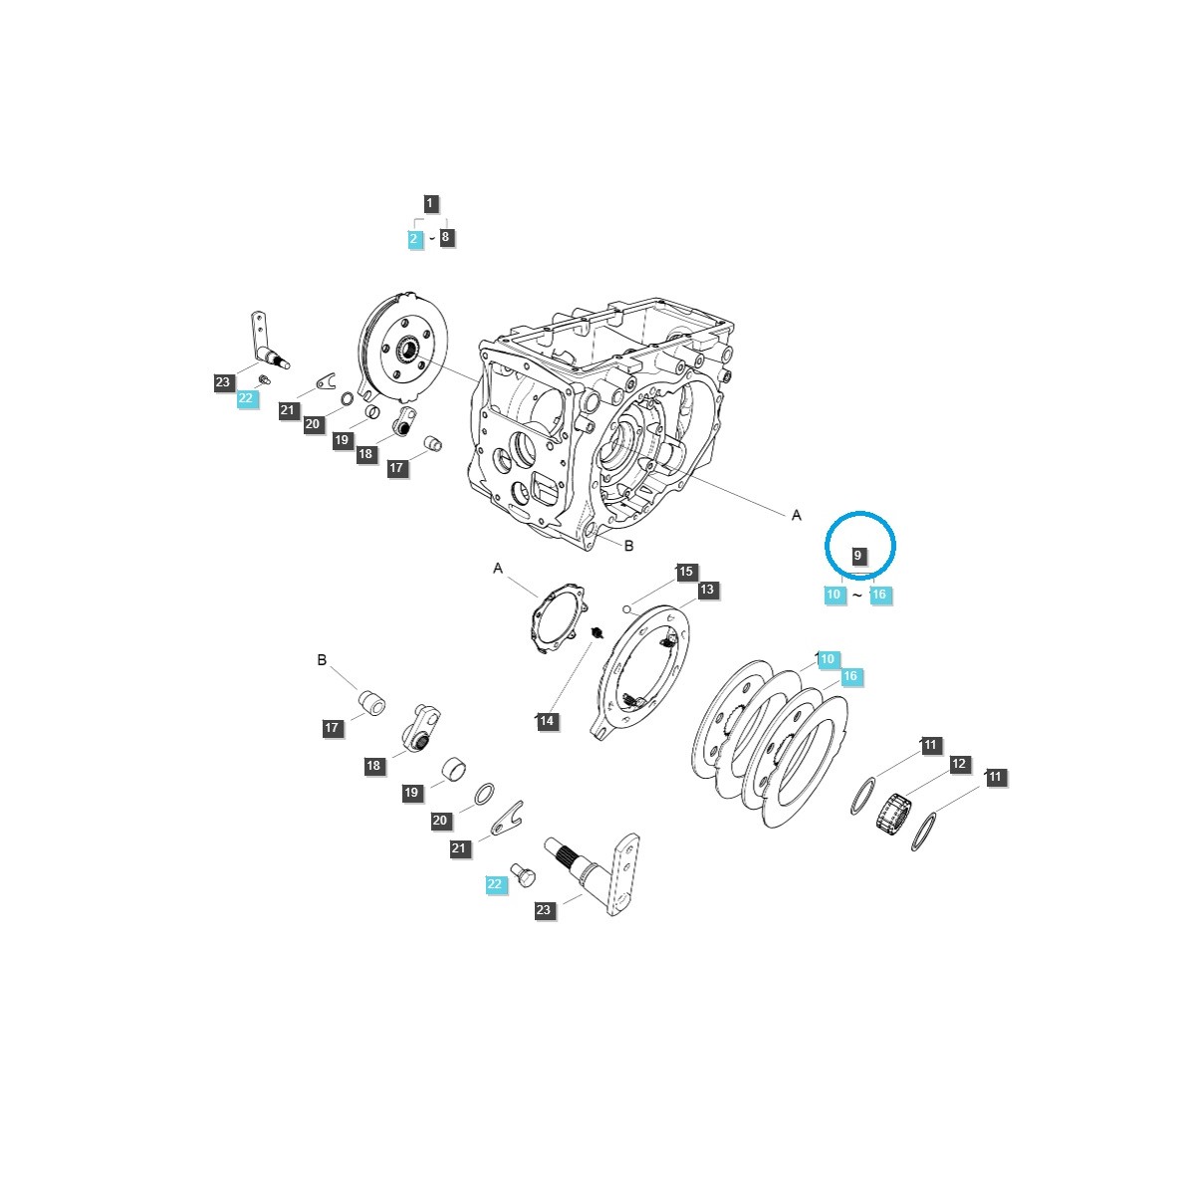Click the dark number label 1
coord(430,203)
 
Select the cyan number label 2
coord(414,239)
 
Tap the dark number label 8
coord(445,237)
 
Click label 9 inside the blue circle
coord(857,555)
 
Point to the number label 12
coord(959,764)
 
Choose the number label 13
coord(706,590)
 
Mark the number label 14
coord(547,721)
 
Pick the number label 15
coord(685,572)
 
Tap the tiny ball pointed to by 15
coord(627,608)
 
